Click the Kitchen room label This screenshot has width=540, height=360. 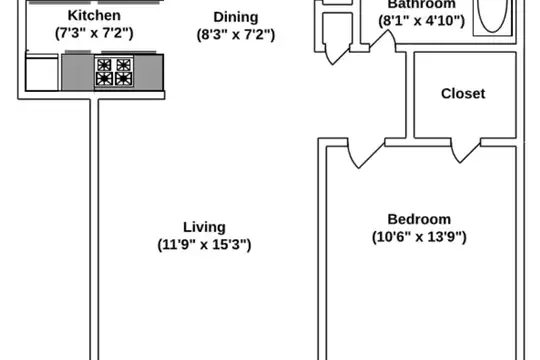[x=94, y=16]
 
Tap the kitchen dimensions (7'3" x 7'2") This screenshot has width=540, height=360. [x=94, y=33]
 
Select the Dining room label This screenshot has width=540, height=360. [x=236, y=17]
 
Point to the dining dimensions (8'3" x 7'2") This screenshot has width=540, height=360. [x=236, y=35]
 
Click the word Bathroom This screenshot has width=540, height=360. [x=422, y=4]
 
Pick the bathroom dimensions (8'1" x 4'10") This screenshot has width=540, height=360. [x=422, y=21]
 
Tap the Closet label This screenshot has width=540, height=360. [x=463, y=94]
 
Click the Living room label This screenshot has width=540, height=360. [x=205, y=227]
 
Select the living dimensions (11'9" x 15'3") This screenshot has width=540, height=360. [x=205, y=245]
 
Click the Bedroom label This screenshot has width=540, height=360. [x=419, y=219]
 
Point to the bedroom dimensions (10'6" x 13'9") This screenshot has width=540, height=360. [x=419, y=237]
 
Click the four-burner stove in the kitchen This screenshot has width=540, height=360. [x=114, y=72]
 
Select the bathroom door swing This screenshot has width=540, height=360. [x=383, y=41]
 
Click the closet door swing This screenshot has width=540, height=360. [x=465, y=151]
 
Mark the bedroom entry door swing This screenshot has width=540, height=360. [x=366, y=153]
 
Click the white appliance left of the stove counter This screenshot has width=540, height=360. [x=42, y=73]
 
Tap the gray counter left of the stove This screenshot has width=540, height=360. [x=78, y=72]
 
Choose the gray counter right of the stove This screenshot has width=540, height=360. [x=148, y=72]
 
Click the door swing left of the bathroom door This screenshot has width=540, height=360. [x=337, y=54]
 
